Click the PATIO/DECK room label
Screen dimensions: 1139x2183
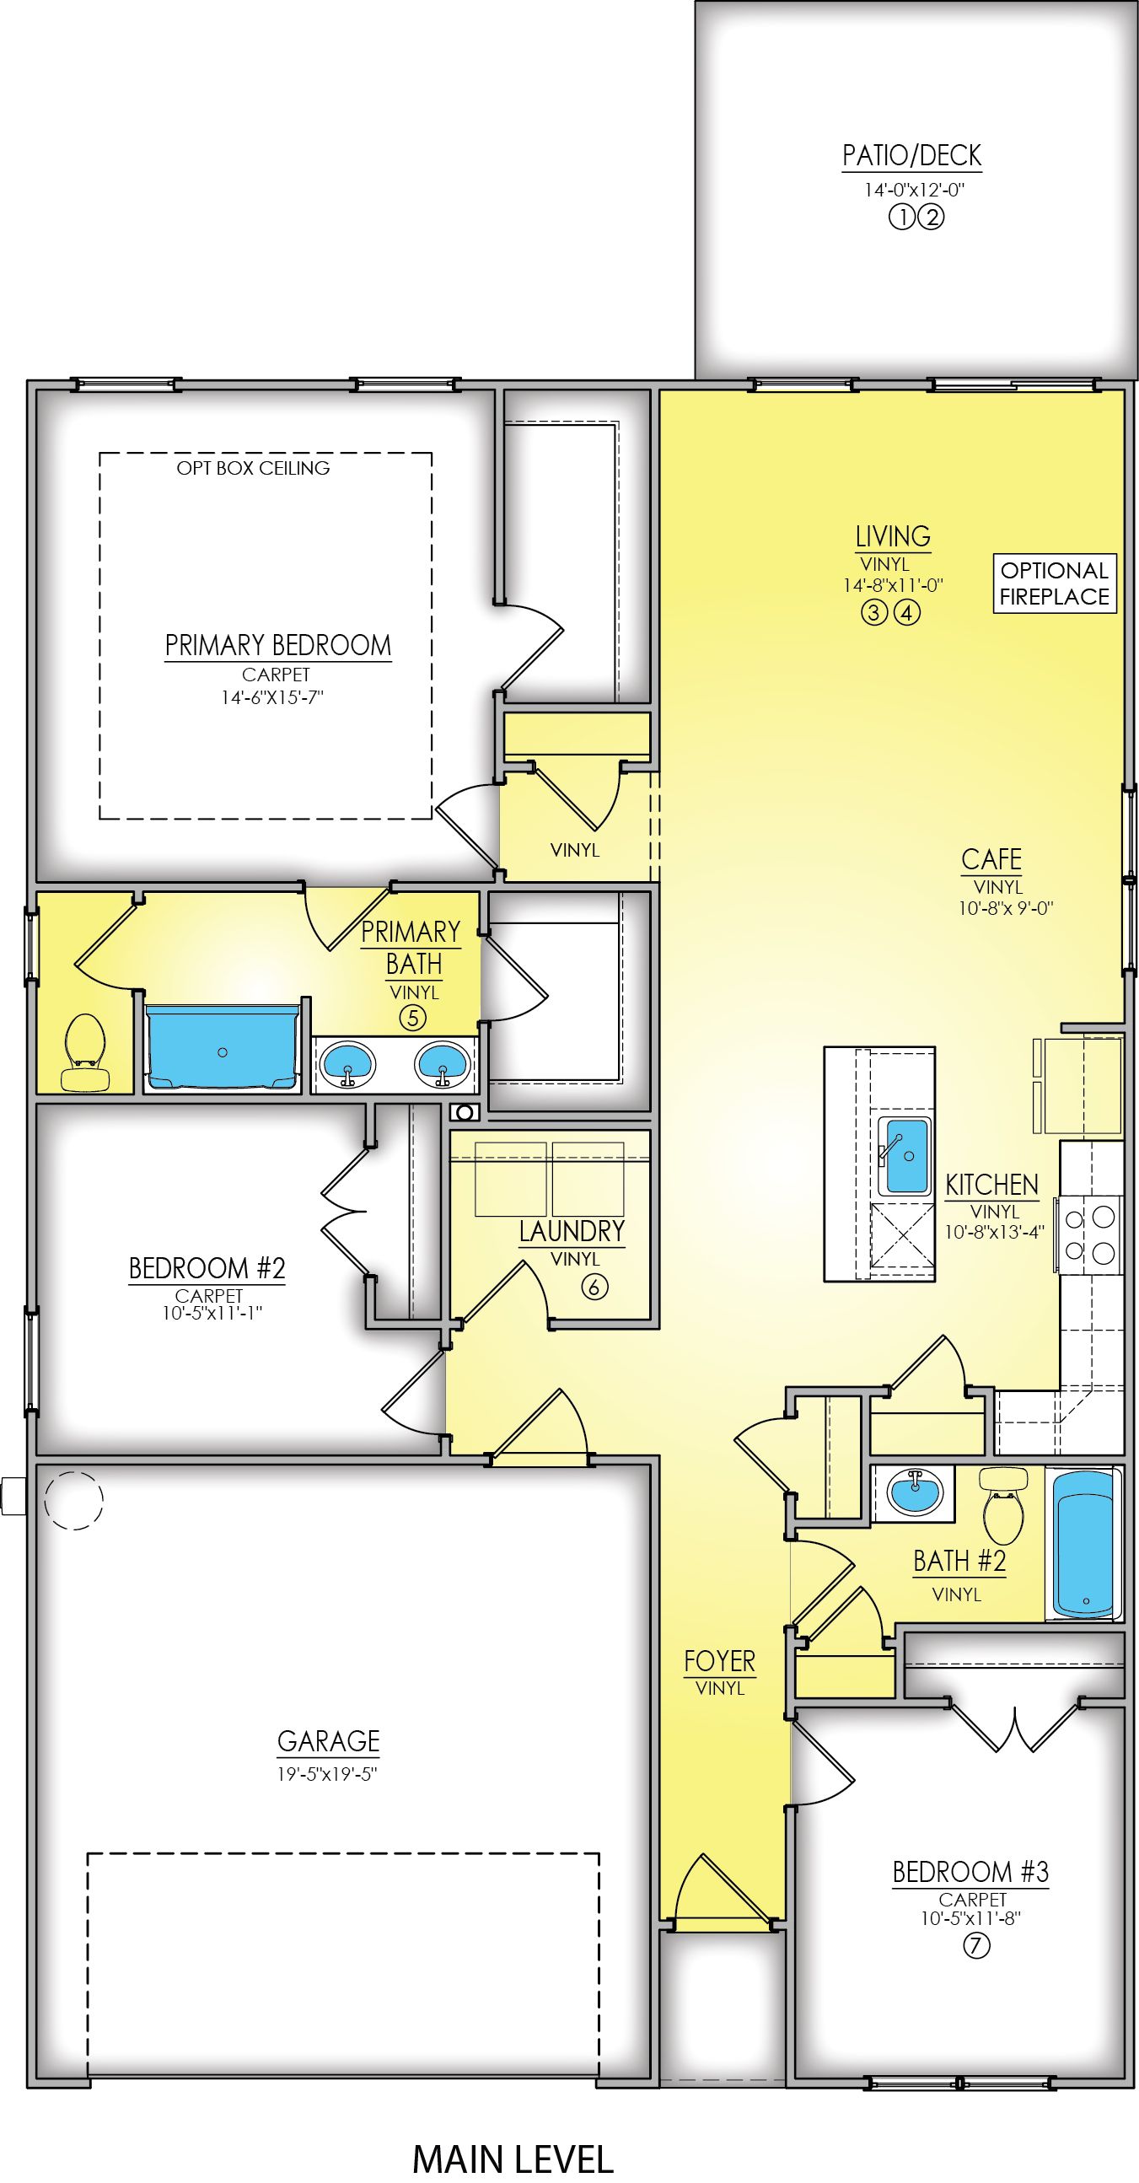pyautogui.click(x=912, y=156)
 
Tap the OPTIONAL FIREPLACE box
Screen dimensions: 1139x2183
pyautogui.click(x=1054, y=583)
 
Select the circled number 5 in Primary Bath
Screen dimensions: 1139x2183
pyautogui.click(x=413, y=1018)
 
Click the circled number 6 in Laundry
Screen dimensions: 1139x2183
pyautogui.click(x=595, y=1288)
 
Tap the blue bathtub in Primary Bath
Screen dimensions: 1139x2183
pyautogui.click(x=222, y=1049)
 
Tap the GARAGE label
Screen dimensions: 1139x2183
pyautogui.click(x=329, y=1740)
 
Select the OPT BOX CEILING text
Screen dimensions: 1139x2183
pyautogui.click(x=253, y=468)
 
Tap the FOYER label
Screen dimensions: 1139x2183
pyautogui.click(x=719, y=1662)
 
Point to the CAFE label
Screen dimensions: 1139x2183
pyautogui.click(x=991, y=859)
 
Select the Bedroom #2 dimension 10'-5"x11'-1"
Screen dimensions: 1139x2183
pyautogui.click(x=209, y=1313)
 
